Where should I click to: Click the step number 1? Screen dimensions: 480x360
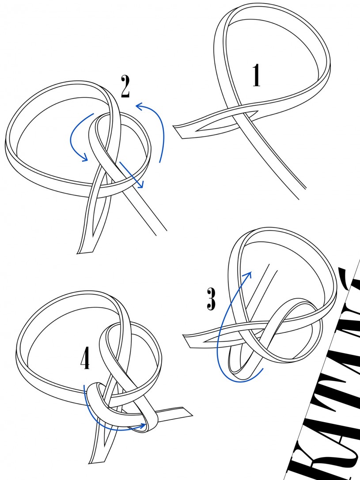pyautogui.click(x=256, y=76)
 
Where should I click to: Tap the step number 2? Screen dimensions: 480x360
pyautogui.click(x=125, y=87)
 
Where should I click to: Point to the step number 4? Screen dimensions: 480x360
pyautogui.click(x=86, y=359)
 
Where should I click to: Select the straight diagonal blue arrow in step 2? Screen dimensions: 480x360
pyautogui.click(x=131, y=175)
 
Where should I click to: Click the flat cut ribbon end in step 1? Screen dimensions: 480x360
pyautogui.click(x=178, y=132)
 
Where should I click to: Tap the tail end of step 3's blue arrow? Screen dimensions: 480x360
pyautogui.click(x=263, y=368)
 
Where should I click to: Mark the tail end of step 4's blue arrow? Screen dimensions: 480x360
pyautogui.click(x=84, y=386)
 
